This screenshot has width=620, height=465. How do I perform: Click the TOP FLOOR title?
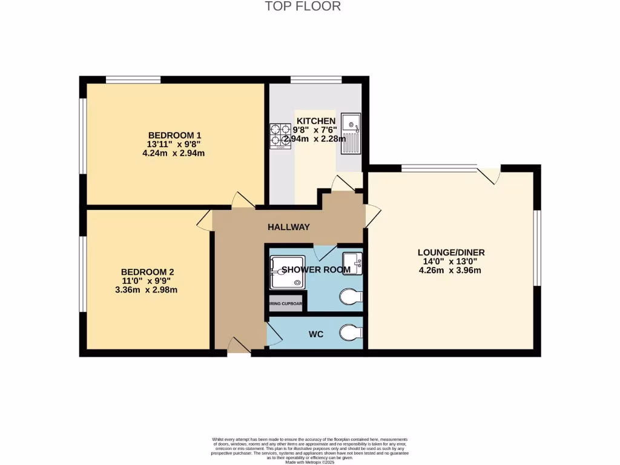click(303, 7)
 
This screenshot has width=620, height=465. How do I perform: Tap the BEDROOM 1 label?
click(174, 135)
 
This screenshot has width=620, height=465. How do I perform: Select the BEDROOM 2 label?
click(148, 272)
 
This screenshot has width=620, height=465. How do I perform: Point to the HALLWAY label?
click(289, 227)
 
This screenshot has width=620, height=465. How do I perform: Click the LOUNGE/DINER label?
click(450, 252)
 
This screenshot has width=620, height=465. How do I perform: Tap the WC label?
click(315, 334)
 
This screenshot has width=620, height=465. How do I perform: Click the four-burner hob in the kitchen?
click(279, 135)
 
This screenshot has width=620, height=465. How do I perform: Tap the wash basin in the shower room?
click(352, 263)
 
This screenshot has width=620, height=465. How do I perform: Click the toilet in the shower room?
click(351, 297)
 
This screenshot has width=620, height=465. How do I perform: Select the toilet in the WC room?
click(351, 332)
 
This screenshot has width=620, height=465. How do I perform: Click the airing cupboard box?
click(286, 304)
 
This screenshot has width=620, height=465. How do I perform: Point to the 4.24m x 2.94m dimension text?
click(173, 153)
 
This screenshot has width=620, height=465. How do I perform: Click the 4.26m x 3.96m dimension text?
click(450, 271)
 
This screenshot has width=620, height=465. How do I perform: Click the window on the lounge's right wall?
click(537, 248)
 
